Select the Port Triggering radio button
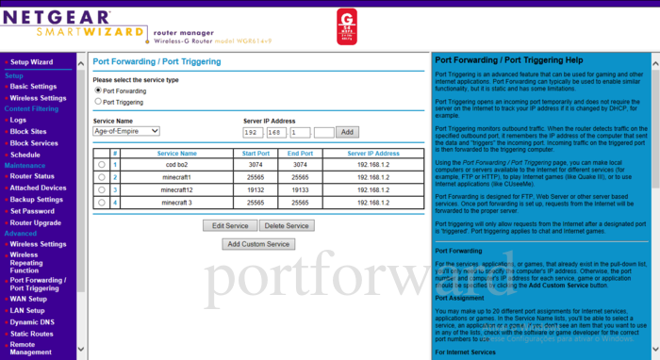(98, 101)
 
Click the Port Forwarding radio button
(98, 90)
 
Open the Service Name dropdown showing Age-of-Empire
(126, 131)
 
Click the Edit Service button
(229, 226)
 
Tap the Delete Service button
(286, 226)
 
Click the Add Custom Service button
(258, 244)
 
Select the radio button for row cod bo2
(102, 165)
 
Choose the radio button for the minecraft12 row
(102, 189)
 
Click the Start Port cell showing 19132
(256, 189)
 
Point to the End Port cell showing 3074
(301, 165)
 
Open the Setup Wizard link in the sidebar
(31, 62)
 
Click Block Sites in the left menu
(30, 132)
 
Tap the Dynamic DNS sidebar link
(33, 321)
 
